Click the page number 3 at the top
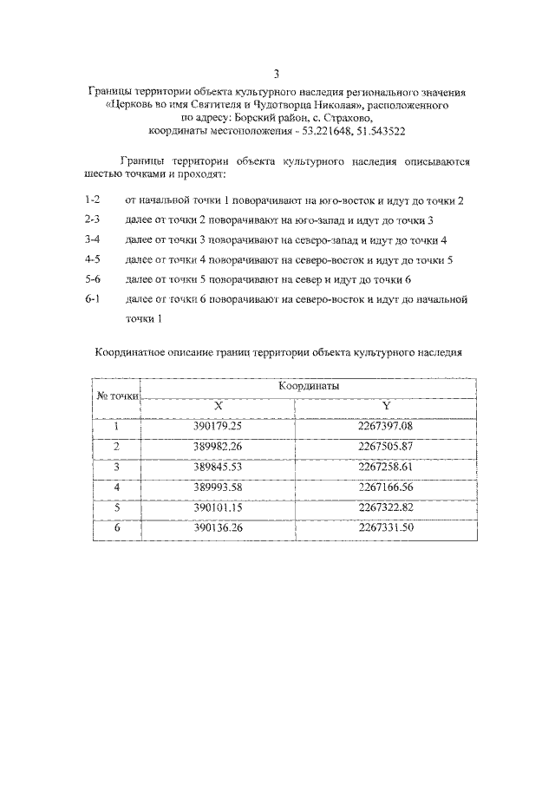277,75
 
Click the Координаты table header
308,386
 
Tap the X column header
218,406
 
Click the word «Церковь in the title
130,104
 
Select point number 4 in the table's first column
116,487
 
